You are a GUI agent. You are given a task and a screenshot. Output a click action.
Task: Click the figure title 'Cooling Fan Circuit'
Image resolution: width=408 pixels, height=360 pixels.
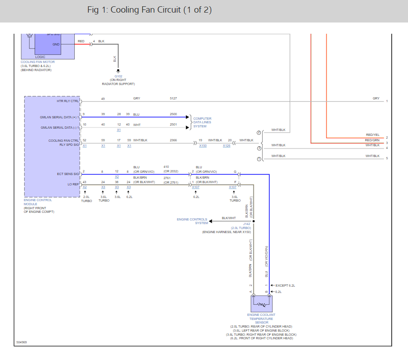coord(149,10)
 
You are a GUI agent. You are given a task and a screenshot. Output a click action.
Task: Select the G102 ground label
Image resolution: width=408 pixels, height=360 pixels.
coord(118,76)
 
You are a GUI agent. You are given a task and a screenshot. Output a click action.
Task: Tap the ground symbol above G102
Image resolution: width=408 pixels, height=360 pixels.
coord(118,71)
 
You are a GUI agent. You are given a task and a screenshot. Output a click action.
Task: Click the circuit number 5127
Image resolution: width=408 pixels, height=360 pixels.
coord(173,98)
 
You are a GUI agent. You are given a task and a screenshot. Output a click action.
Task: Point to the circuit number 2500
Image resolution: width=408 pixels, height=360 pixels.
coord(173,114)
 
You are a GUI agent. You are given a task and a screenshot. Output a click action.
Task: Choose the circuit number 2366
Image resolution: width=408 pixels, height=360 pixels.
coord(173,140)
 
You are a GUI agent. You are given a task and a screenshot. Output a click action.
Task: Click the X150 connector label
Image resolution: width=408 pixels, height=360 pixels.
coord(203,146)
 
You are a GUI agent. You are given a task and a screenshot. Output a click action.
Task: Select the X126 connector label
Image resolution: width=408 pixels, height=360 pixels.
coord(226,146)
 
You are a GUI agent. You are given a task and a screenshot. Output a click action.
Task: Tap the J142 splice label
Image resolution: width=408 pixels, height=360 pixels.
coord(246,224)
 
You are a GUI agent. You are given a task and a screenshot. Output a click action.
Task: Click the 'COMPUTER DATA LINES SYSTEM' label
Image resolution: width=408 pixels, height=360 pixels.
coord(202,122)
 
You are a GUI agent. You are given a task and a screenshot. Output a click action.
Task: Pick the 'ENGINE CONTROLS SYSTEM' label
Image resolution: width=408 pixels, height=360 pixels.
coord(192,221)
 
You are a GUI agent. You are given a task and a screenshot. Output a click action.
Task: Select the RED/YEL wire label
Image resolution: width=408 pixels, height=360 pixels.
coord(372,135)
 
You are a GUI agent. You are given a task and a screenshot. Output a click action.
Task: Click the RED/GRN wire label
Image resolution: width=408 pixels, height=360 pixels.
coord(372,140)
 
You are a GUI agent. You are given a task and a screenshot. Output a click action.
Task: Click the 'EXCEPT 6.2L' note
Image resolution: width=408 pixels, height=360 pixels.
coord(285,285)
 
